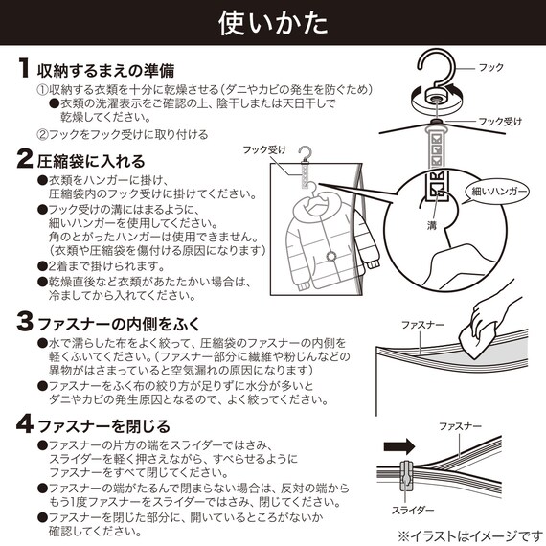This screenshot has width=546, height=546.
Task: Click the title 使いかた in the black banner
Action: coord(272,21)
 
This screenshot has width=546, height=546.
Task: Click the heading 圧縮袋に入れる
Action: coord(90,159)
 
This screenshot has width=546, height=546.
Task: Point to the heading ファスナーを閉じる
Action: coord(103,425)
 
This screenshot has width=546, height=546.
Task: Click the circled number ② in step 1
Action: coord(42,134)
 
